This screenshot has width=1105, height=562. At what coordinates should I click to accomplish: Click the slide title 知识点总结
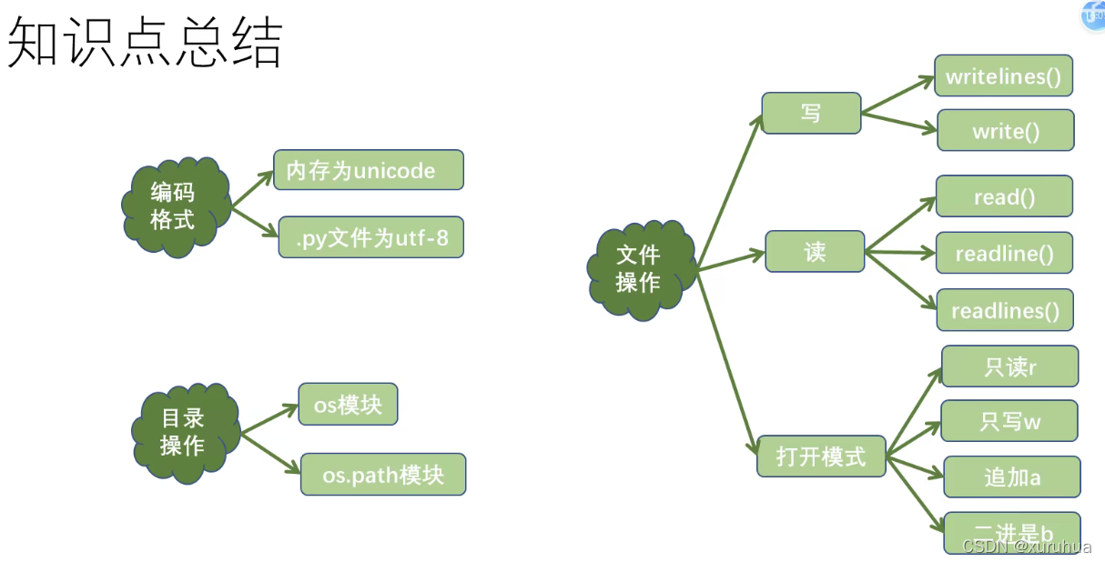point(146,43)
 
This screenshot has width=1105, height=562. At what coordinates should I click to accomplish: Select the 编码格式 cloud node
point(173,206)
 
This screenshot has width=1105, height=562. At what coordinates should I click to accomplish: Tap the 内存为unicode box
point(368,170)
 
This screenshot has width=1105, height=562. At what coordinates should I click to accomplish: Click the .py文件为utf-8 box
point(370,237)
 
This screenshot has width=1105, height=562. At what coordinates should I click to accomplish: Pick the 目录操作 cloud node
point(183,432)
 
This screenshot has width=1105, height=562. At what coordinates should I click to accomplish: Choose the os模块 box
point(348,404)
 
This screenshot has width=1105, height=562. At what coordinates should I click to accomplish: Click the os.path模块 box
point(382,474)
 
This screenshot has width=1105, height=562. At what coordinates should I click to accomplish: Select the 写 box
point(810,114)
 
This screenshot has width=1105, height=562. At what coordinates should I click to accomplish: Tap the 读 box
point(814,251)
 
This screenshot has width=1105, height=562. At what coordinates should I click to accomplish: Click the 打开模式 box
point(820,456)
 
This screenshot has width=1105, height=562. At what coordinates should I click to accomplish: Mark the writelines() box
point(1003,75)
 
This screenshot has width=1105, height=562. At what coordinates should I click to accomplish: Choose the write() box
point(1005,130)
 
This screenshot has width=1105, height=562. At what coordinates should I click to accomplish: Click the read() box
point(1004,196)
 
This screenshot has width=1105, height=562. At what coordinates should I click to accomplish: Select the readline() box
point(1004,253)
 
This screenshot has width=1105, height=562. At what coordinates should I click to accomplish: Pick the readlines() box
point(1005,310)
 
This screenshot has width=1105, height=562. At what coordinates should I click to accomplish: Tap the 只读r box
point(1009,366)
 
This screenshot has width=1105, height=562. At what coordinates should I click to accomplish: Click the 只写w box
point(1009,421)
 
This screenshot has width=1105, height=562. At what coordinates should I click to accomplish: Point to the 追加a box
point(1011,477)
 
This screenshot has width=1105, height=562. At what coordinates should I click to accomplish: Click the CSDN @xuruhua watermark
point(1026,546)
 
